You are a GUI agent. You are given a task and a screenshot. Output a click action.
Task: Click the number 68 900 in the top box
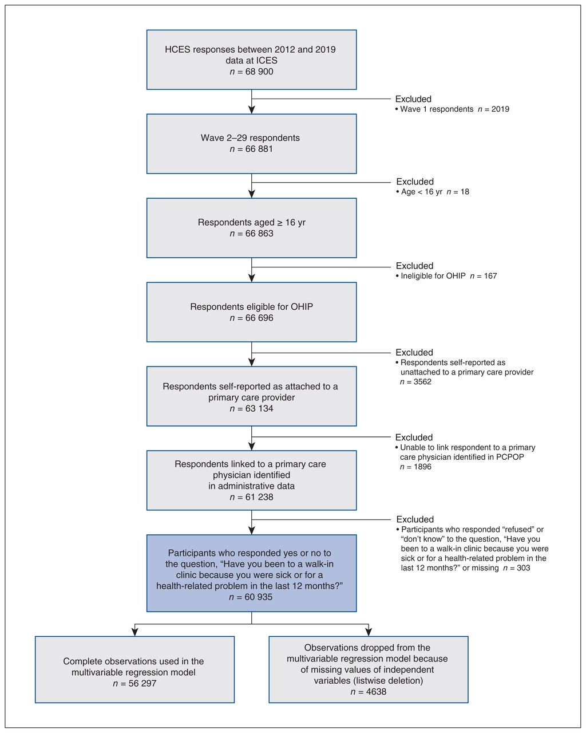(259, 72)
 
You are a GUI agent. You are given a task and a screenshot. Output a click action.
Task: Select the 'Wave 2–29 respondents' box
(251, 144)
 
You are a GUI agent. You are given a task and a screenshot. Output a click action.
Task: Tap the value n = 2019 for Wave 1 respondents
(493, 109)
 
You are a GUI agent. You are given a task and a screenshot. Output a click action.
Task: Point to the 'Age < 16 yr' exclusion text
(422, 192)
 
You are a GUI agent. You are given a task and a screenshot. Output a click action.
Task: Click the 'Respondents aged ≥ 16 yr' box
(251, 228)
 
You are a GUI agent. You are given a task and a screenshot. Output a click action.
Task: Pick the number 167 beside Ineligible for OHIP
(490, 276)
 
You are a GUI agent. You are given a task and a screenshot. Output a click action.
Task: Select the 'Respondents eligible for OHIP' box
(251, 312)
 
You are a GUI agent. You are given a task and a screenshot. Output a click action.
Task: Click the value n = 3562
(415, 382)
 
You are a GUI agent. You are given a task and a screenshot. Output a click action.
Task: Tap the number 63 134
(259, 408)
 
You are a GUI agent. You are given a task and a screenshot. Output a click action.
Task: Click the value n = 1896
(415, 467)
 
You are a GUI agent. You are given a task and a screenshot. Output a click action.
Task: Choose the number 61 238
(259, 497)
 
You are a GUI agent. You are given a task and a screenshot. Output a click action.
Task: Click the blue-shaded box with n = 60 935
(251, 573)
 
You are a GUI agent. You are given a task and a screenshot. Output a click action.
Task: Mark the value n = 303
(517, 568)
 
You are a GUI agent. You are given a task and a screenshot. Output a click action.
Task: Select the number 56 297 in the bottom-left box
(142, 683)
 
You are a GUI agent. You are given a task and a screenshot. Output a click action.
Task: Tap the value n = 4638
(369, 692)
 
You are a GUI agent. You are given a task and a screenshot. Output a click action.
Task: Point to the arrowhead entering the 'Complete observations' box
(135, 632)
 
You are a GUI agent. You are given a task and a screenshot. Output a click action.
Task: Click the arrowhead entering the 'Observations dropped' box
(369, 632)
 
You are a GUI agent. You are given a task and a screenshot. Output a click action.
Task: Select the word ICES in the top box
(267, 60)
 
